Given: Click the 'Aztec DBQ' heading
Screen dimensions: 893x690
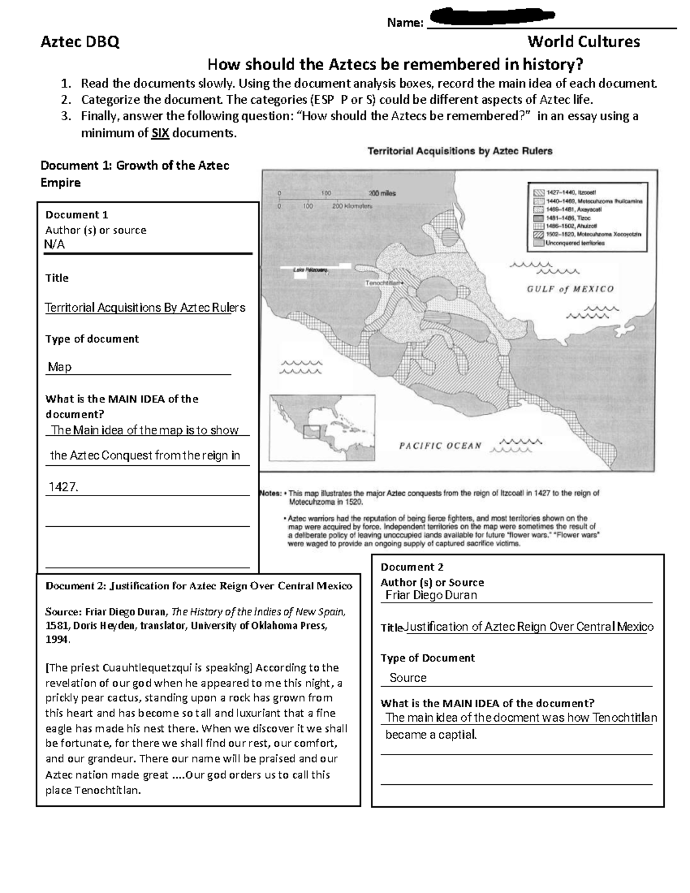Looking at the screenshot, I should (x=79, y=42).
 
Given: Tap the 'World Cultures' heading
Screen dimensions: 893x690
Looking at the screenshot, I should (x=584, y=42).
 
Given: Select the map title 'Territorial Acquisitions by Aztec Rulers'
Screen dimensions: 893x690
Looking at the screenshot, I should (x=459, y=151).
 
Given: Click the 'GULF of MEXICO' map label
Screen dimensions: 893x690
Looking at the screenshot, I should (x=570, y=289).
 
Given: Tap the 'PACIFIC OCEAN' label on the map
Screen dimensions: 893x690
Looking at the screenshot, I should (x=440, y=446).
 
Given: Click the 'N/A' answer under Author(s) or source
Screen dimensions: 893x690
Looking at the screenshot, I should (x=55, y=244).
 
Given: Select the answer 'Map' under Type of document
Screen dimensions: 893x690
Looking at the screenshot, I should (x=60, y=367).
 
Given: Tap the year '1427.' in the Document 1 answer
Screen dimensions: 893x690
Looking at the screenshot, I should (x=63, y=487).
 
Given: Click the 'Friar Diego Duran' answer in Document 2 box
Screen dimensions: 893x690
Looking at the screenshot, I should (x=431, y=595).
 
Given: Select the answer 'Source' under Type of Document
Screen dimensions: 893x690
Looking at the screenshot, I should (x=408, y=678).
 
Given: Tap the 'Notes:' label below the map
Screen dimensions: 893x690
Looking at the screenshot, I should (x=271, y=493).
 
